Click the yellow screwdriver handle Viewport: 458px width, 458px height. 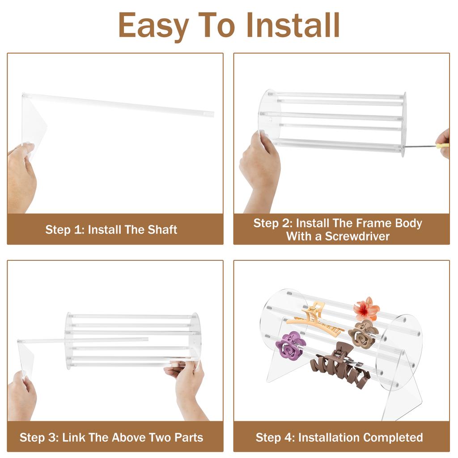442,145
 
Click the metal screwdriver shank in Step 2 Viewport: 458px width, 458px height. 420,146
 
